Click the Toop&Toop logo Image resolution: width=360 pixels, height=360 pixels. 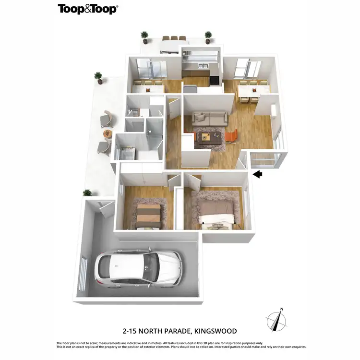88,9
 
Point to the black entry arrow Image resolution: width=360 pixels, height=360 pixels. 258,174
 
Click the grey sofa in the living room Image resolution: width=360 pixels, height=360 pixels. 209,118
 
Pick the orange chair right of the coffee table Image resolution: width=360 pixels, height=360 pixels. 231,136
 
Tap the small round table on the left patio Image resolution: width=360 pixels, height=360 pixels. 107,133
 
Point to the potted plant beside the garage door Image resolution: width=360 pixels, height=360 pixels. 87,193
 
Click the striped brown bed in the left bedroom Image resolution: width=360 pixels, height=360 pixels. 146,214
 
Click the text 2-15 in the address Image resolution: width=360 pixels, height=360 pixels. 131,331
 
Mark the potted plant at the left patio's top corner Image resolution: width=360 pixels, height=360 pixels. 98,77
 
